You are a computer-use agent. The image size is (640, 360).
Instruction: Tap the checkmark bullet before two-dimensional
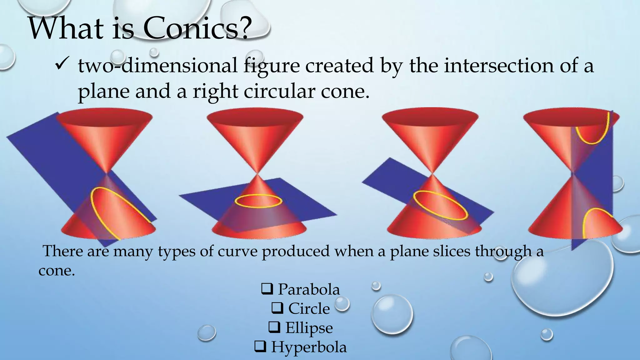[x=59, y=66]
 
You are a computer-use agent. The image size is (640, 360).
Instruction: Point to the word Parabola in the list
[x=309, y=289]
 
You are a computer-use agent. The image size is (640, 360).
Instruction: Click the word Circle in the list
[x=309, y=309]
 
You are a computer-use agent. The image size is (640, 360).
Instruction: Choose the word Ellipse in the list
[x=309, y=328]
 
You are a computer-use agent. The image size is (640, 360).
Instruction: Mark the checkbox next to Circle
[x=277, y=309]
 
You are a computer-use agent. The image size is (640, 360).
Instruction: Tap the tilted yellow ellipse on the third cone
[x=441, y=205]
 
